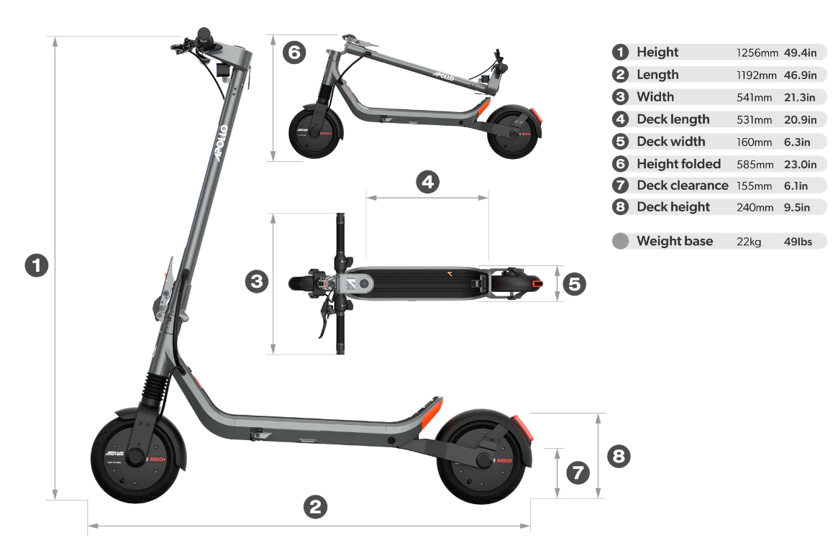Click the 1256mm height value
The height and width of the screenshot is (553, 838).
tap(757, 53)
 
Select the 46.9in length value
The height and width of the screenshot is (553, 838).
tap(800, 76)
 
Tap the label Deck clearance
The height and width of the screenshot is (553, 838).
tap(683, 186)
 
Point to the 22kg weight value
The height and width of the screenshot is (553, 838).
tap(748, 242)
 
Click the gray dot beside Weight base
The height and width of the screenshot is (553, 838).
tap(621, 241)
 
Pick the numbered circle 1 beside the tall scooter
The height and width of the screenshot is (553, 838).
tap(37, 265)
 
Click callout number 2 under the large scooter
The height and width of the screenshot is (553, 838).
tap(315, 507)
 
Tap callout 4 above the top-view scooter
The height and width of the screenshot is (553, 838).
tap(427, 182)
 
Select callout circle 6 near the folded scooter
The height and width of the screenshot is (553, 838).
tap(294, 52)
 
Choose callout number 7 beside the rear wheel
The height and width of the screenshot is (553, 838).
tap(578, 473)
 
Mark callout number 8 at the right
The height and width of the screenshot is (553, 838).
tap(619, 457)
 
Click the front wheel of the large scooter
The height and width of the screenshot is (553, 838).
tap(136, 458)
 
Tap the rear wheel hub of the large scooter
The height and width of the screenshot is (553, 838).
tap(483, 460)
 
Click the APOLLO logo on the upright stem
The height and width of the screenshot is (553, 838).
tap(221, 142)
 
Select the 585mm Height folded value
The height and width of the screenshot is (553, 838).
tap(755, 165)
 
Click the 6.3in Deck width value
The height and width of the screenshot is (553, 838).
tap(797, 142)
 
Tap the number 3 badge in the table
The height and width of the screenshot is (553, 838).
tap(620, 96)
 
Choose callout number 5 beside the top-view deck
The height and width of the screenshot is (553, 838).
tap(575, 284)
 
